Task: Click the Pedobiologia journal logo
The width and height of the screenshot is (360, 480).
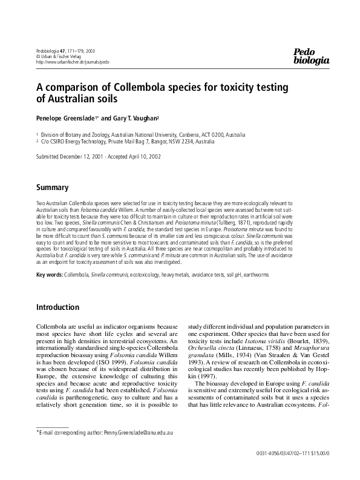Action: [311, 56]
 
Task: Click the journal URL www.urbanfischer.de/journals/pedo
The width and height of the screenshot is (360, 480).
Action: [73, 62]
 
